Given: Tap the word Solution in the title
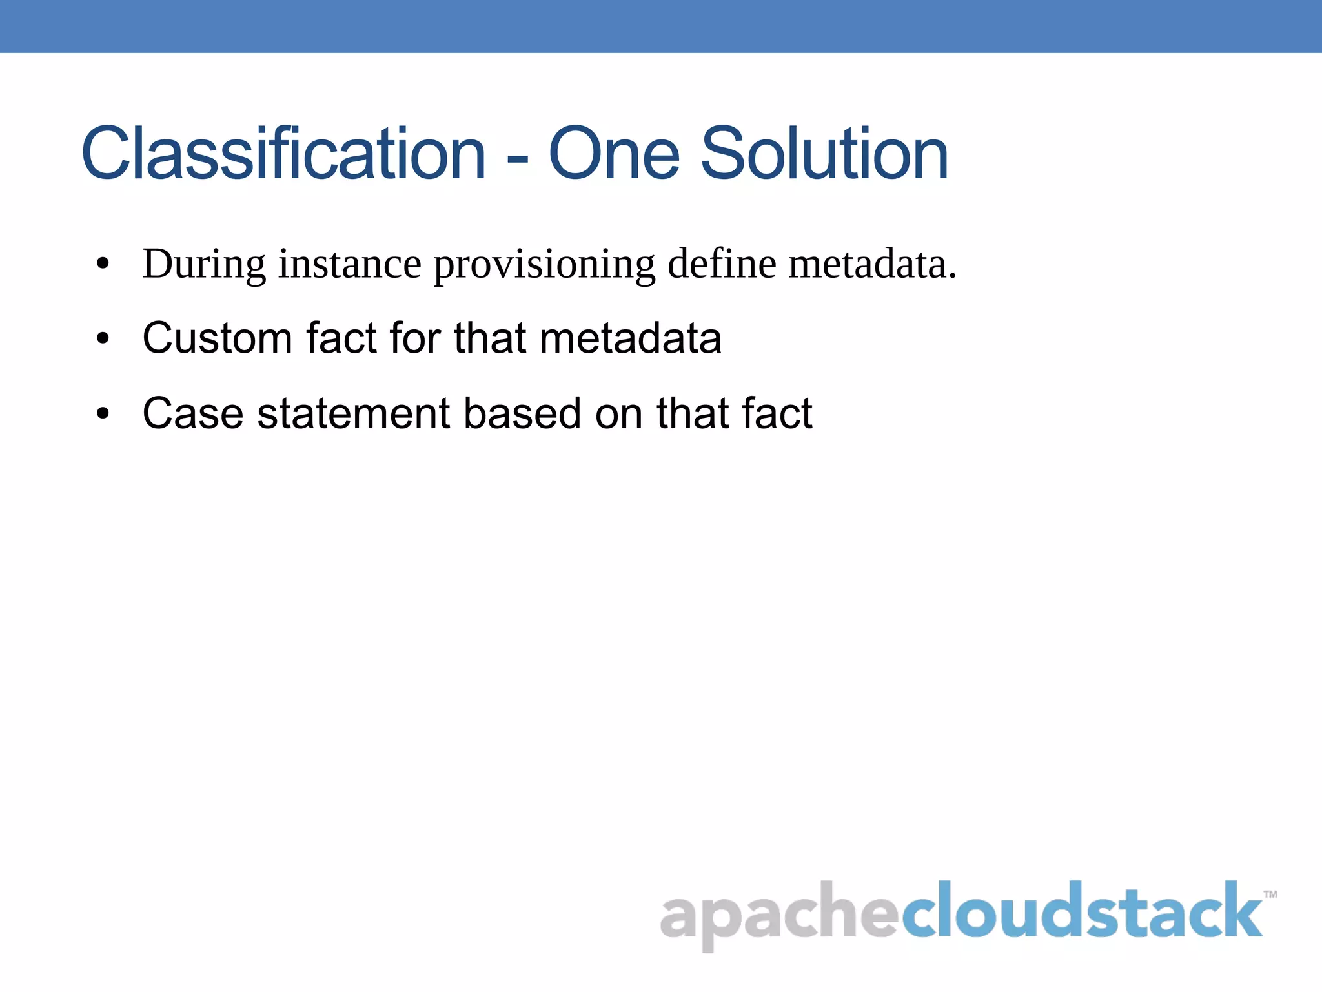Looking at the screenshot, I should pos(824,154).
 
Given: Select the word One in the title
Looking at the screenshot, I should pos(614,154).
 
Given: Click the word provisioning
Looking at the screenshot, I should pos(544,265).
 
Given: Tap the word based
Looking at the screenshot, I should pos(522,413).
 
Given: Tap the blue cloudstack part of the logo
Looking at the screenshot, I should pos(1081,911).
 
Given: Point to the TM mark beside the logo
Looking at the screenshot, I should pos(1270,894).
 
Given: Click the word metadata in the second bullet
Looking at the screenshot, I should pos(630,338).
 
